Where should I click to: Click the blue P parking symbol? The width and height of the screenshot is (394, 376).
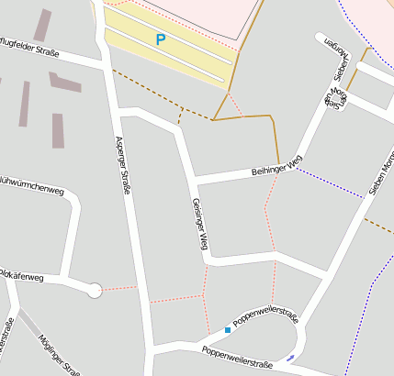click(161, 40)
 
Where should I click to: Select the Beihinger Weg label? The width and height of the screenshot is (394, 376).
click(276, 166)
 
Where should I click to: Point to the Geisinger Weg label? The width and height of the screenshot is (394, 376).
click(199, 225)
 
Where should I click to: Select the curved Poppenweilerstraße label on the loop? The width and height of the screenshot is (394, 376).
click(266, 317)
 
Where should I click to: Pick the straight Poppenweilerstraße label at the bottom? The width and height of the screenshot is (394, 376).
click(238, 357)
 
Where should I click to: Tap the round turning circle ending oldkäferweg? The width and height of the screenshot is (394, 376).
click(94, 291)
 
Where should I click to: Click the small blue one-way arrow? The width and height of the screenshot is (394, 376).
click(291, 357)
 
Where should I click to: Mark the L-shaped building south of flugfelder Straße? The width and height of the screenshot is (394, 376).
click(65, 82)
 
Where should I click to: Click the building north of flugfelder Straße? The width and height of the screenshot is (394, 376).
click(42, 25)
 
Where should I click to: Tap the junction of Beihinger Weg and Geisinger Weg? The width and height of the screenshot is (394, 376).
click(194, 178)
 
